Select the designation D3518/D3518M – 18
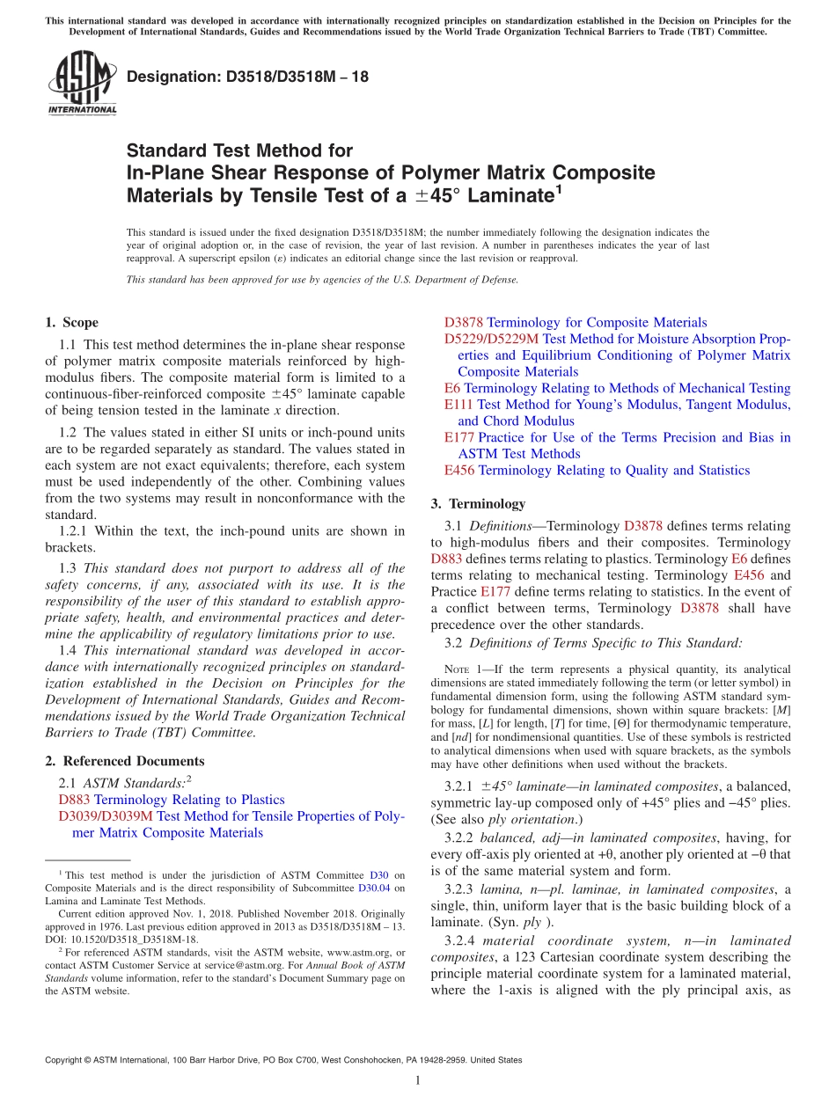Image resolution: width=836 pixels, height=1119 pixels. [x=247, y=77]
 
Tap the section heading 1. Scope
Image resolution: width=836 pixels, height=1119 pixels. [x=71, y=323]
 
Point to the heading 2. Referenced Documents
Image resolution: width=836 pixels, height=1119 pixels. [x=124, y=761]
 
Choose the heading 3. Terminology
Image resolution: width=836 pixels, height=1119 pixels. [x=478, y=504]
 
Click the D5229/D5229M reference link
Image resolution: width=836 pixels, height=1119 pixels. [x=491, y=340]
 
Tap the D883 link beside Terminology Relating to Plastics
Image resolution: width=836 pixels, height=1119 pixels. [x=74, y=800]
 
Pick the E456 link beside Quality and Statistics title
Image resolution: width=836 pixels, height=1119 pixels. [x=459, y=471]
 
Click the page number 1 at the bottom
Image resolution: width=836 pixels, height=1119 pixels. [x=417, y=1081]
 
